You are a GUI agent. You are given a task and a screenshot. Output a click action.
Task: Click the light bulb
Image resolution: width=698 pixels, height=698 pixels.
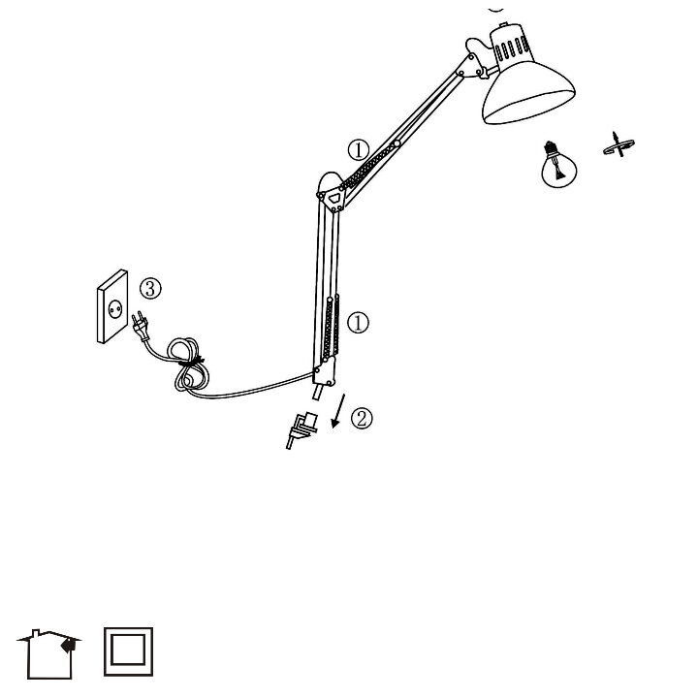pyautogui.click(x=557, y=165)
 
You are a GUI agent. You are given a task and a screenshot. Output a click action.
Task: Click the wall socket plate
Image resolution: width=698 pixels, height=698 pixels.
pyautogui.click(x=114, y=306)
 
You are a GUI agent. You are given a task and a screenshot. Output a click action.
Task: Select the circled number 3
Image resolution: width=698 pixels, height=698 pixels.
pyautogui.click(x=150, y=288)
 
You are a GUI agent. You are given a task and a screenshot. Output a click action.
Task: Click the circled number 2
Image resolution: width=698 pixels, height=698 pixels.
pyautogui.click(x=361, y=419)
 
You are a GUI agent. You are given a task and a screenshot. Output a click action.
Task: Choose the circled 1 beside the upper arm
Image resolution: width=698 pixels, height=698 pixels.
pyautogui.click(x=359, y=150)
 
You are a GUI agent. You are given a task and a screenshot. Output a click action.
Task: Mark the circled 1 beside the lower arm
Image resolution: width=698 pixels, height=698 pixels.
pyautogui.click(x=358, y=322)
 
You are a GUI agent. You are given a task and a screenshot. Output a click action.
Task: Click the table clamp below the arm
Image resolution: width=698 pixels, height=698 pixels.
pyautogui.click(x=301, y=428)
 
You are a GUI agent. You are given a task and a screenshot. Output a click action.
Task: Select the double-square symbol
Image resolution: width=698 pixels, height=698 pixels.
pyautogui.click(x=128, y=652)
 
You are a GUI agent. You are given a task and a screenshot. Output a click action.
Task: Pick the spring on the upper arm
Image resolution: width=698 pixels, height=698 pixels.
pyautogui.click(x=373, y=170)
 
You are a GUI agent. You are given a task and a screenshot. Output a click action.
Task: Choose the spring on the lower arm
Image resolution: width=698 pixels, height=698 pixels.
pyautogui.click(x=331, y=330)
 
